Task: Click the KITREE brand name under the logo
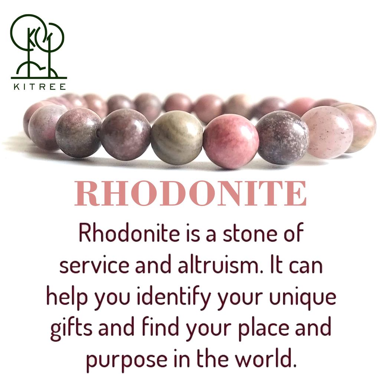39,87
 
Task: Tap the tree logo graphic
37,46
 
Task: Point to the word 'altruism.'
208,266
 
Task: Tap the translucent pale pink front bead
327,132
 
